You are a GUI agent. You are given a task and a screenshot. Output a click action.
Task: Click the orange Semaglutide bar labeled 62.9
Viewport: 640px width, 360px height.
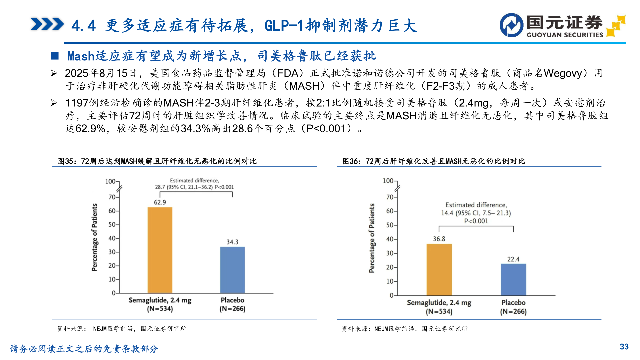(160, 250)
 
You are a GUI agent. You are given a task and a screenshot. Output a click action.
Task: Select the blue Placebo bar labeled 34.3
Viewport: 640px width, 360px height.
(232, 270)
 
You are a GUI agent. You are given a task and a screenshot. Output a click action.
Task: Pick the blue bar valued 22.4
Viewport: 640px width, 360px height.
(513, 279)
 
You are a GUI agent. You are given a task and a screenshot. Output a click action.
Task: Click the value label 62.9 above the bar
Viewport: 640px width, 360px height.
(160, 202)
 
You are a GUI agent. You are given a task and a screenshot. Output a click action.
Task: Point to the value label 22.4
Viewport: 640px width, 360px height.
(513, 259)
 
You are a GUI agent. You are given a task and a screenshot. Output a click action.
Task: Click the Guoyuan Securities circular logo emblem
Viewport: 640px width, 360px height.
(511, 25)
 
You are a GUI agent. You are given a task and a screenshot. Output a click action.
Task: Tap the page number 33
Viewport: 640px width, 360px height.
(624, 347)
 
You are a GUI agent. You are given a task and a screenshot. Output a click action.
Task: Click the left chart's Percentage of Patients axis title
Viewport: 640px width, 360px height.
(95, 237)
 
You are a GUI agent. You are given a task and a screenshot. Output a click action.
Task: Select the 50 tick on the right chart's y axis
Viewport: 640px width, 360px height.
(390, 225)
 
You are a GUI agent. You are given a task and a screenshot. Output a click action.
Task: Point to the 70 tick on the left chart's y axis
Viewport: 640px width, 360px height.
(112, 197)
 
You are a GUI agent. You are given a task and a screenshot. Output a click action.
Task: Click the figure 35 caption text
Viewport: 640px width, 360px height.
(157, 161)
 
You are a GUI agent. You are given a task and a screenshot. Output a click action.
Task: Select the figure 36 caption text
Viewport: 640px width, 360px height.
(434, 161)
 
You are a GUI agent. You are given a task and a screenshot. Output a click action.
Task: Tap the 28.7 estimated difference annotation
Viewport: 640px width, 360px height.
(194, 184)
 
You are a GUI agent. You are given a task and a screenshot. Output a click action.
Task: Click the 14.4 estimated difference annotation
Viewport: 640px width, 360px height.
(476, 213)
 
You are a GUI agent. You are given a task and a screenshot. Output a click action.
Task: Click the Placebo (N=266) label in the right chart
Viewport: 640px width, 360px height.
(513, 307)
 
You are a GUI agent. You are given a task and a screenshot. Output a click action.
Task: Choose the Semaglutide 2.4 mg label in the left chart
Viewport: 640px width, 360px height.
(160, 304)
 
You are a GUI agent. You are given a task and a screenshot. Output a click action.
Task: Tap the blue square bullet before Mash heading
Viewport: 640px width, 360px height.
(55, 56)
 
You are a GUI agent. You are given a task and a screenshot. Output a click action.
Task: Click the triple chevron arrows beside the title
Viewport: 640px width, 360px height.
(47, 24)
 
